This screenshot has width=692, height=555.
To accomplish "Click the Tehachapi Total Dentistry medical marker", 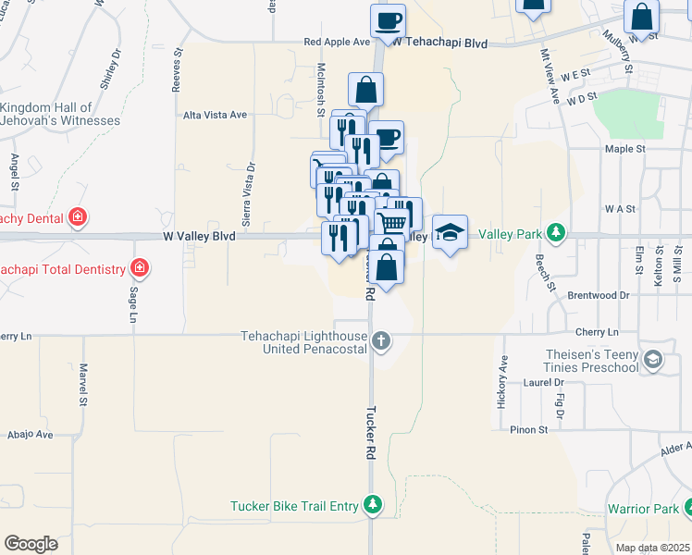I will point(139,269).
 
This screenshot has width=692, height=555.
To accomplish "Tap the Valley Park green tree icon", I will point(555,232).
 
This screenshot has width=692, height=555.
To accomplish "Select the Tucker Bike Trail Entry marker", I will point(372,505).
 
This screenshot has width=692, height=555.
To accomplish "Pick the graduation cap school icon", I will point(450,233).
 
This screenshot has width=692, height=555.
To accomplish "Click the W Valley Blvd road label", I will point(199,237).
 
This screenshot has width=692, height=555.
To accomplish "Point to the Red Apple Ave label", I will point(337,42).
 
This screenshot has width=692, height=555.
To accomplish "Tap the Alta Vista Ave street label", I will point(215,115).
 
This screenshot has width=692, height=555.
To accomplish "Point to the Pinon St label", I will point(529,429).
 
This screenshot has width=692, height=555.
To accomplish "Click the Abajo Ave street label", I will point(31,434).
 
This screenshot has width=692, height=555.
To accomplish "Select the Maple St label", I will point(599,148).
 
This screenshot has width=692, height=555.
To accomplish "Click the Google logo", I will point(31,544).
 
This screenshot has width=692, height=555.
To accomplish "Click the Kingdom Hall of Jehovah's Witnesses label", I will point(60,115).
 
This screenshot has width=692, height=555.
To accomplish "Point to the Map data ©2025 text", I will point(652,548).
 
